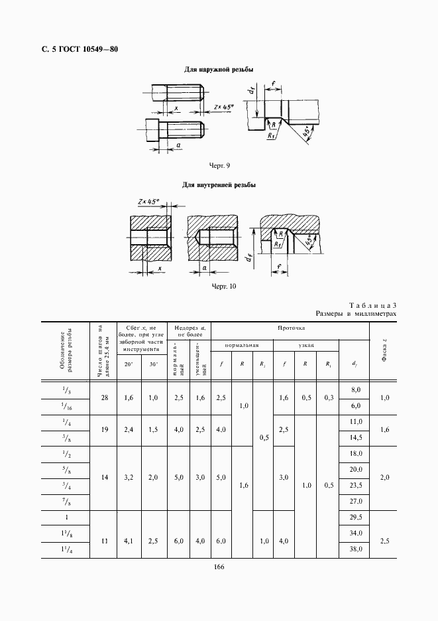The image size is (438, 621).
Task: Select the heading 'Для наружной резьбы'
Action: (219, 70)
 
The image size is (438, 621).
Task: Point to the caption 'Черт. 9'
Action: (219, 165)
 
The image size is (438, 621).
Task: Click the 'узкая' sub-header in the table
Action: (306, 346)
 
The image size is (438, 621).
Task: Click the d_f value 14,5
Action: (356, 437)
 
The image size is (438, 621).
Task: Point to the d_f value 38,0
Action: (356, 550)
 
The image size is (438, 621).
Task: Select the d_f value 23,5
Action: (356, 486)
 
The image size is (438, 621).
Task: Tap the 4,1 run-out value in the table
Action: (129, 541)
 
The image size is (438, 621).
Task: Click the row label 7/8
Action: (66, 502)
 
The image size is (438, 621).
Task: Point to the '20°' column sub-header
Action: (129, 364)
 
